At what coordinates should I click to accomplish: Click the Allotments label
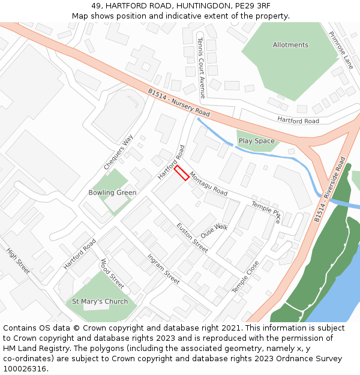click(x=290, y=45)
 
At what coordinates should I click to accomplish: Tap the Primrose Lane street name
click(x=341, y=50)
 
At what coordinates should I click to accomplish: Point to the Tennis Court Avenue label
click(x=202, y=68)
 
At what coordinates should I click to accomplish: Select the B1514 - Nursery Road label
click(x=179, y=103)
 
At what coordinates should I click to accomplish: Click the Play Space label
click(x=256, y=141)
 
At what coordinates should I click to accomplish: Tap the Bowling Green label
click(x=112, y=193)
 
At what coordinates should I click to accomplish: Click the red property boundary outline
click(x=181, y=173)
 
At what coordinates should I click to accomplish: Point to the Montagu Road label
click(x=208, y=184)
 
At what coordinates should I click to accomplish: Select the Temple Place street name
click(x=266, y=212)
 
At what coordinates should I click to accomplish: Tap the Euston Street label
click(x=192, y=237)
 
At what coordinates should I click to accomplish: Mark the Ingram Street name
click(x=163, y=269)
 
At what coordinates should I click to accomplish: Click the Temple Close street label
click(x=245, y=277)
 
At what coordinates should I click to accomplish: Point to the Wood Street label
click(x=112, y=274)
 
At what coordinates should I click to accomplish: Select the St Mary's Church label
click(x=100, y=301)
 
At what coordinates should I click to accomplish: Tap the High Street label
click(x=18, y=261)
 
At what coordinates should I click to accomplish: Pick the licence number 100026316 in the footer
click(x=25, y=369)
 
